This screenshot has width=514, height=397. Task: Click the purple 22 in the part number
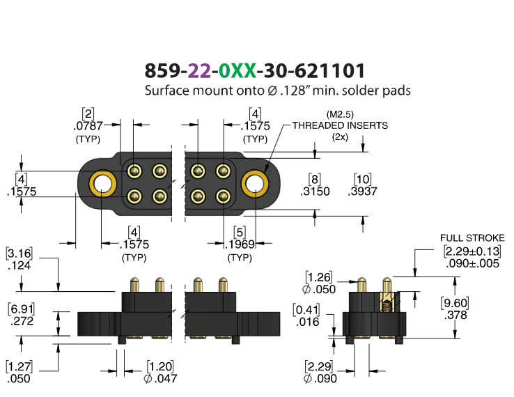(x=199, y=70)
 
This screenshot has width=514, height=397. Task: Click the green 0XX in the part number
(x=237, y=70)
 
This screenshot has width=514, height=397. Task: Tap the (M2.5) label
(x=340, y=114)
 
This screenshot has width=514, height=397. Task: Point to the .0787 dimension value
(x=88, y=125)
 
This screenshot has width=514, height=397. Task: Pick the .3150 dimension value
(x=315, y=192)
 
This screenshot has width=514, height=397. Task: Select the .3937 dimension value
(x=363, y=192)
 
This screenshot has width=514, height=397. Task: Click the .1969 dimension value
(x=240, y=244)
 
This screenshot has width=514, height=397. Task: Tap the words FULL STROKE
(x=472, y=238)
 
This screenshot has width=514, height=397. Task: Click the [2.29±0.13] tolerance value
(x=472, y=251)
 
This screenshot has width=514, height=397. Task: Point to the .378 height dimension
(x=455, y=316)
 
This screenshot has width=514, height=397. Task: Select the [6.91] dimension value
(x=22, y=309)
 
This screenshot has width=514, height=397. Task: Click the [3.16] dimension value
(x=20, y=254)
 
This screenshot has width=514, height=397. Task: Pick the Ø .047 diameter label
(x=160, y=379)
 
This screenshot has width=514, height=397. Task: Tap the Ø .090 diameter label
(x=320, y=379)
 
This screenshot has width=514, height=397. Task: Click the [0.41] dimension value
(x=306, y=310)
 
